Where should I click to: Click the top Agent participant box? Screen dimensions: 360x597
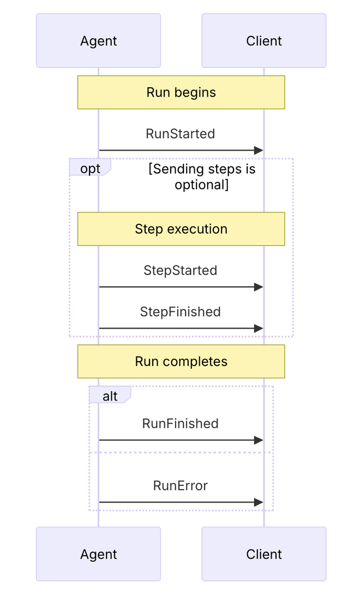[x=99, y=41]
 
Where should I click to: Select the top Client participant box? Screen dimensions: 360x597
[x=263, y=41]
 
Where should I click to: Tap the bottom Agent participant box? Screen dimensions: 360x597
[x=99, y=554]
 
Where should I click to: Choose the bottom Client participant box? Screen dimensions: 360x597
[x=263, y=554]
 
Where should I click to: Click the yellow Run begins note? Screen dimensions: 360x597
[x=181, y=93]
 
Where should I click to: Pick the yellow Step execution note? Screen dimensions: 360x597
[x=181, y=229]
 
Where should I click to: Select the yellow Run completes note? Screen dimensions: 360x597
[x=181, y=361]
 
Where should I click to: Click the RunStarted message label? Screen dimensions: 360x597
[x=181, y=134]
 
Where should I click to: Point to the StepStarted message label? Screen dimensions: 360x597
[x=181, y=270]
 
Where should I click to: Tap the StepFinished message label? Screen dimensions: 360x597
[x=181, y=312]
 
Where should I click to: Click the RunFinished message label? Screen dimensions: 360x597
[x=181, y=423]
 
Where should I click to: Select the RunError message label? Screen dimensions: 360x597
[x=181, y=486]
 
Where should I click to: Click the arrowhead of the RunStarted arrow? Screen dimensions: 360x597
[x=259, y=151]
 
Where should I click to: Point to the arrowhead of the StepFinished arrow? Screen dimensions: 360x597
[x=259, y=328]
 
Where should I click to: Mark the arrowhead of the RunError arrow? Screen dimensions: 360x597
[x=259, y=502]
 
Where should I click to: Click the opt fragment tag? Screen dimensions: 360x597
[x=90, y=167]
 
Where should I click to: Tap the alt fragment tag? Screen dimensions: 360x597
[x=110, y=395]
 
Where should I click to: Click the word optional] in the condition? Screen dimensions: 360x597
[x=202, y=185]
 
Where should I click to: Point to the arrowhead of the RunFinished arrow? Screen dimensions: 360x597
[x=259, y=440]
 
